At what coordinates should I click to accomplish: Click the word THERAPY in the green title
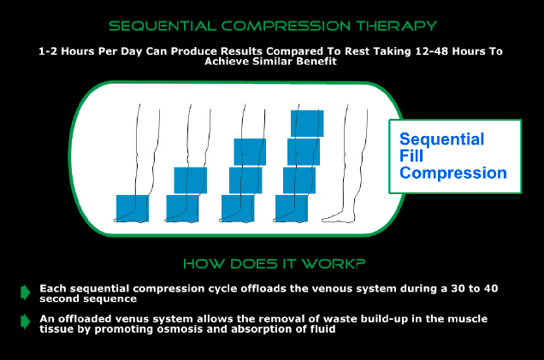396,26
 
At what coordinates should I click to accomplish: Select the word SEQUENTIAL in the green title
163,26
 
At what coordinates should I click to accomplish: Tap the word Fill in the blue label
411,156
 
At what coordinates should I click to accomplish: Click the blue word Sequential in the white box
441,139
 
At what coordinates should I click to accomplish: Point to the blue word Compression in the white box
453,173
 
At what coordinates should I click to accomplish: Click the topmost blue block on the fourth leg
307,123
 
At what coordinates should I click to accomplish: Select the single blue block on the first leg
133,208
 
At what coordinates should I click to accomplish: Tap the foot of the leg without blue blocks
338,218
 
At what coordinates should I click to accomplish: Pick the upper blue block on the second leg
190,180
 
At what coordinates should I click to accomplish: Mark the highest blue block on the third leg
250,152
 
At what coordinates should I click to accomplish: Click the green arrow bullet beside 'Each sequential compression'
26,292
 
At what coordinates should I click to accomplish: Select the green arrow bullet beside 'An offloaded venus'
26,322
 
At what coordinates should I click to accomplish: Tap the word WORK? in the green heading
334,264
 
